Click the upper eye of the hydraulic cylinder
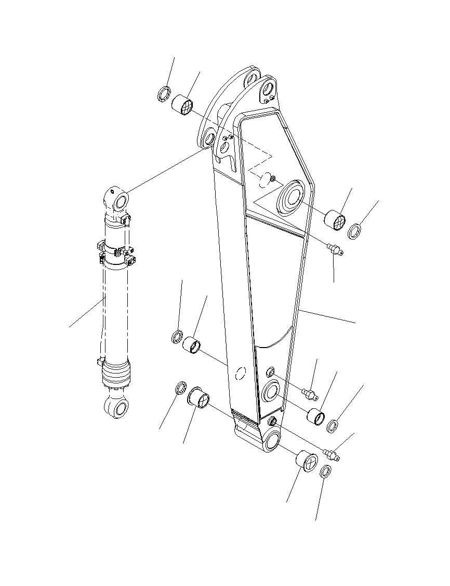tap(121, 200)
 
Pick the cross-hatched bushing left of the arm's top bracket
tap(182, 104)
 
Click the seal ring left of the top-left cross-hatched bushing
tap(164, 94)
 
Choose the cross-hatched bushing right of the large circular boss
tap(335, 220)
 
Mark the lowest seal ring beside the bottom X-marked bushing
tap(325, 472)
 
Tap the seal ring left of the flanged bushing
tap(180, 387)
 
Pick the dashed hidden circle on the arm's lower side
tap(240, 374)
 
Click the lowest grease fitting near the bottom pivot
tap(331, 455)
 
